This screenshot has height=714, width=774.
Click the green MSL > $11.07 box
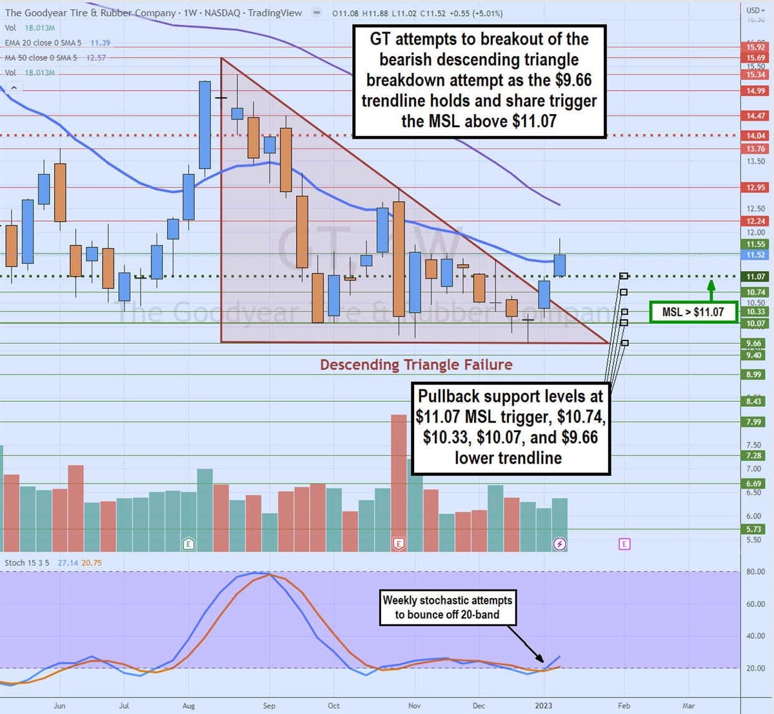(693, 312)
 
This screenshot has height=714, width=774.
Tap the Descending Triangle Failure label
(416, 365)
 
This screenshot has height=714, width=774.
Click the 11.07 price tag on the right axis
(755, 277)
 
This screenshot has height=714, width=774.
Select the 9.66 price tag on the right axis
(753, 343)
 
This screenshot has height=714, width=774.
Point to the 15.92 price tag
(755, 47)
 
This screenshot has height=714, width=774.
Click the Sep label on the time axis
(269, 706)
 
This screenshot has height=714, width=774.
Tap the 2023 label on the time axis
(543, 706)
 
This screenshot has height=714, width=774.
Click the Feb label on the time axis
(624, 706)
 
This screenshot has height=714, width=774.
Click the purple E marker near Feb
(624, 544)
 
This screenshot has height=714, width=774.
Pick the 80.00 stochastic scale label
(755, 571)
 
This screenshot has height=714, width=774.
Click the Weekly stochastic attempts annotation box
(448, 608)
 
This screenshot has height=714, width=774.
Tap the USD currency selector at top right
(753, 10)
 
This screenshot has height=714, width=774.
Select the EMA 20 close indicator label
(43, 43)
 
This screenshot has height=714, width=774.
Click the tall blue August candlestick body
(204, 125)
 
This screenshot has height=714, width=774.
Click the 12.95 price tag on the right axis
(755, 188)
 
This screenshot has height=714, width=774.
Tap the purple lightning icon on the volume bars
(559, 544)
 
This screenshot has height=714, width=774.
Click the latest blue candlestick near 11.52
(560, 265)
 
